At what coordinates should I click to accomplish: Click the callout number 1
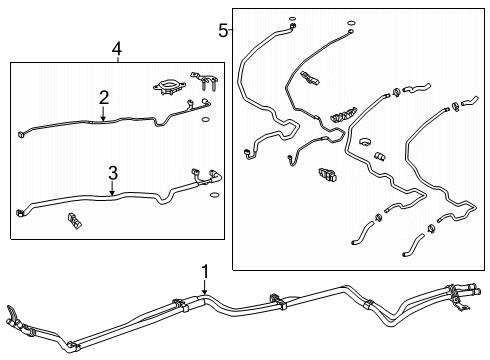[x=204, y=271]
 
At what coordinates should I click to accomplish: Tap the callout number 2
[x=103, y=96]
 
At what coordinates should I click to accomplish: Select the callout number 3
[x=112, y=171]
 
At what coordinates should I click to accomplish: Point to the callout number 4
[x=117, y=47]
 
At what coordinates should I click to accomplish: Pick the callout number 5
[x=223, y=30]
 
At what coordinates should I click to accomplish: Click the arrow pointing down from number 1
[x=204, y=289]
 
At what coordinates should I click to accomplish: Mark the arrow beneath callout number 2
[x=103, y=114]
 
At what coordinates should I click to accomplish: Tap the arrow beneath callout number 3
[x=112, y=188]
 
